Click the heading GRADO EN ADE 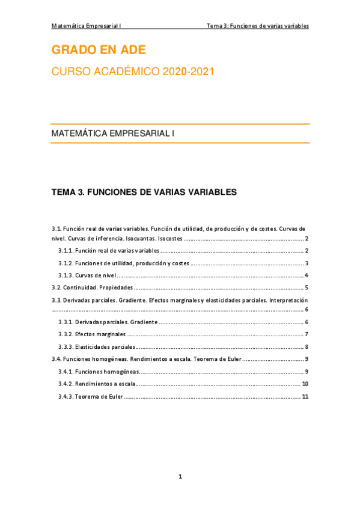99,49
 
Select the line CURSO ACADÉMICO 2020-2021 132,72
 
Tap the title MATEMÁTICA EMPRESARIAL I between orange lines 113,133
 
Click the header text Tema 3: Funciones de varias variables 257,26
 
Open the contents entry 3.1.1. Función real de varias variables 109,250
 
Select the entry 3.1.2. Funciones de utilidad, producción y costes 123,263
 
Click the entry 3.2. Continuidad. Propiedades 92,287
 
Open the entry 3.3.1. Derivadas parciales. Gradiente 108,322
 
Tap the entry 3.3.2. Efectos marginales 92,334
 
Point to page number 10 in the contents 305,384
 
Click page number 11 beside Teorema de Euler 305,396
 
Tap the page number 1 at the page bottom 180,477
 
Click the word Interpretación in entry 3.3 288,300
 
